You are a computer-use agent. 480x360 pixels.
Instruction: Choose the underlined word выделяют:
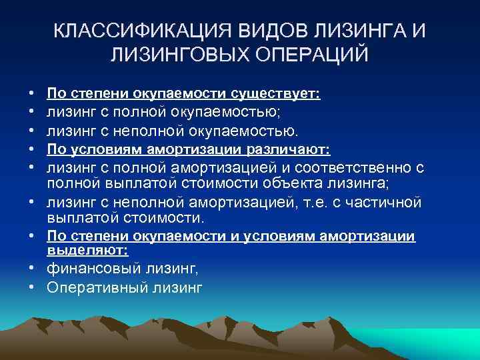pyautogui.click(x=87, y=249)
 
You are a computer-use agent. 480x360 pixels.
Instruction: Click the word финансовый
pyautogui.click(x=90, y=269)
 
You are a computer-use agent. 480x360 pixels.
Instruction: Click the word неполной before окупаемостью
pyautogui.click(x=129, y=131)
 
